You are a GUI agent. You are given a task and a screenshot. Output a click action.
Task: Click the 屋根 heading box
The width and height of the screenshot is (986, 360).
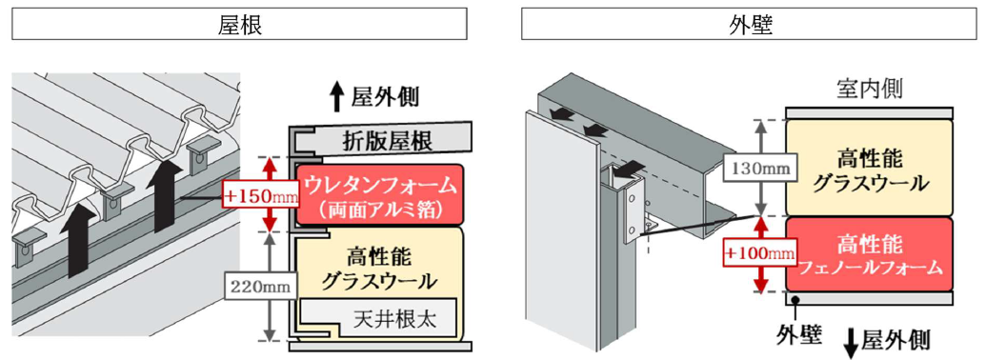[239, 23]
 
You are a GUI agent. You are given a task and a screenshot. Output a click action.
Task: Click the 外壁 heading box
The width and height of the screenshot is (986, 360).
[748, 23]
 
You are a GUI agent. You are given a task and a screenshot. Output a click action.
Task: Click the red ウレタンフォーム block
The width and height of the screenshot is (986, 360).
[379, 194]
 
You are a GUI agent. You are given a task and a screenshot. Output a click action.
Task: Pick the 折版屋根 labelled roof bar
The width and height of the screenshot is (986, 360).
[379, 139]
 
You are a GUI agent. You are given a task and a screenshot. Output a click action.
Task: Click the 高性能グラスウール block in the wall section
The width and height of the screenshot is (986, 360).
[870, 167]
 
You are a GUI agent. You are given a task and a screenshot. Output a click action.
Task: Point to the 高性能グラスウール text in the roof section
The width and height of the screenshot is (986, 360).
[378, 268]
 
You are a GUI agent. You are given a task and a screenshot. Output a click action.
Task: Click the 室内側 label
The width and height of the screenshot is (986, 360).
[870, 90]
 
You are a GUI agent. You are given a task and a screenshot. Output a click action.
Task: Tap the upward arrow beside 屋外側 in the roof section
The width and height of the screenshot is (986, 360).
[337, 99]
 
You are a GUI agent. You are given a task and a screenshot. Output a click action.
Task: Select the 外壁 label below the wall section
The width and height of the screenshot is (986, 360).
[798, 333]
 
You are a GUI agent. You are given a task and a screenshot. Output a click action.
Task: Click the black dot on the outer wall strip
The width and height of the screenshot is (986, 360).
[796, 299]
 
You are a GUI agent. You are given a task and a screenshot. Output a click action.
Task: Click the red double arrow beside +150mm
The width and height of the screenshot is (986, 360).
[270, 194]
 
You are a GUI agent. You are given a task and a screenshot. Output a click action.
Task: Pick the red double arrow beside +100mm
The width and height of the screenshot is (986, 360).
[761, 254]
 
